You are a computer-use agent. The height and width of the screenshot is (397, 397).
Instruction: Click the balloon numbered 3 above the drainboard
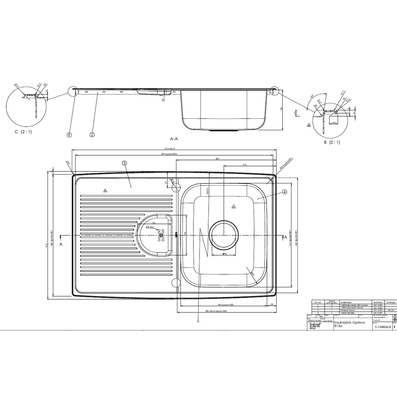pos(124,163)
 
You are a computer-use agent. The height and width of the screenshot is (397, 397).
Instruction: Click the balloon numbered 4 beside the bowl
pos(285,192)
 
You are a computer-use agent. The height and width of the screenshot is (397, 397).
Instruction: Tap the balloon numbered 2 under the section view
pos(92,135)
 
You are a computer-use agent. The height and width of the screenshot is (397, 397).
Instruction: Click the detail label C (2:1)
pos(23,132)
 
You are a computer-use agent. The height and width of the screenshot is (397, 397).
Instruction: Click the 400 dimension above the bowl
pos(217,159)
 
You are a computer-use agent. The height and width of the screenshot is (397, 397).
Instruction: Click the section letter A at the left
pos(60,245)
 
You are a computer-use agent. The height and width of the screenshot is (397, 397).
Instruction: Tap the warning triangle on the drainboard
pos(105,191)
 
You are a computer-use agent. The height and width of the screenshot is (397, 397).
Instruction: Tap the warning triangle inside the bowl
pos(233,206)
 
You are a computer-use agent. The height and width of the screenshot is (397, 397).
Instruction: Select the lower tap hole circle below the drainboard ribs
pos(175,283)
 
